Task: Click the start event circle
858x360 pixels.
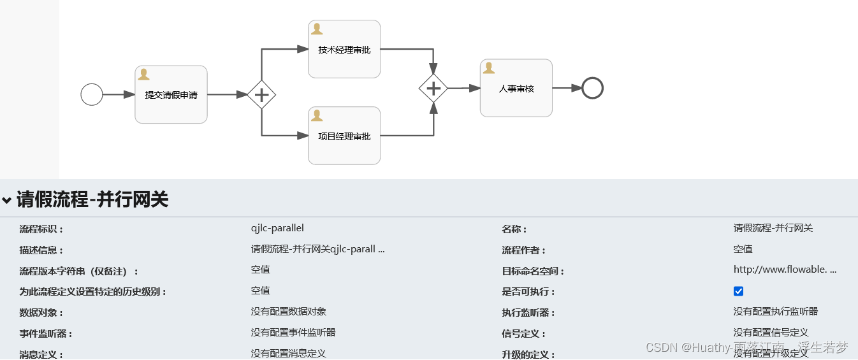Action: coord(92,95)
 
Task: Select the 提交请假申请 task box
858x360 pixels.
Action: coord(171,94)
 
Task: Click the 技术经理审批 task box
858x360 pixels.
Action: coord(344,49)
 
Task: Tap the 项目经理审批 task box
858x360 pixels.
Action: coord(344,136)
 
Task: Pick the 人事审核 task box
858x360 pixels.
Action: coord(516,88)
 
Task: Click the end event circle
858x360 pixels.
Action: coord(592,88)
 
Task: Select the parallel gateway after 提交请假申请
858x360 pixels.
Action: coord(261,95)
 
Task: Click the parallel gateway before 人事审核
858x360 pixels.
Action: coord(433,88)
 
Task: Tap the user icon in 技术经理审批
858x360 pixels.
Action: coord(316,29)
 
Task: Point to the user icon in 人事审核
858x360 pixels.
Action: coord(489,68)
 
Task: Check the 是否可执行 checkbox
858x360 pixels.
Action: coord(738,291)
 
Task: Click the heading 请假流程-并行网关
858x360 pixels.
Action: coord(92,199)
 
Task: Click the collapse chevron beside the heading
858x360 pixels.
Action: coord(6,200)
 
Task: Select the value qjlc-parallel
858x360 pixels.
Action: coord(277,228)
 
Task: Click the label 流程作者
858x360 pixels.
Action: coord(523,250)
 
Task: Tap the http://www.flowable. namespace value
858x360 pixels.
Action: coord(785,270)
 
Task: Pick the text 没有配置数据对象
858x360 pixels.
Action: coord(289,312)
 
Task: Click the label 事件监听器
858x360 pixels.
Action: coord(46,334)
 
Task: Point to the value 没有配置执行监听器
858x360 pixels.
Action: coord(775,312)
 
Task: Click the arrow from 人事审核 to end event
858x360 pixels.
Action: coord(567,88)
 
